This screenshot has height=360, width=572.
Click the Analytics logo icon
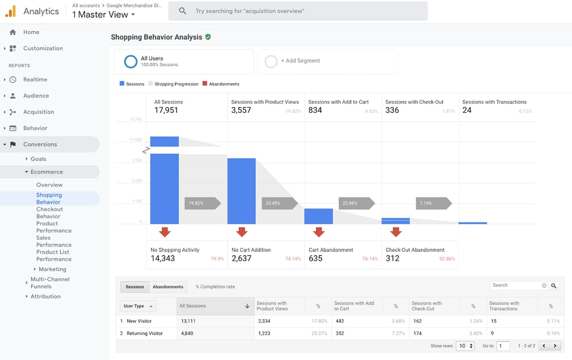click(x=11, y=11)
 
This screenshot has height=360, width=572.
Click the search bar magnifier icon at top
click(x=182, y=11)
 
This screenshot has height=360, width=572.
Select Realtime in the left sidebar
click(x=35, y=80)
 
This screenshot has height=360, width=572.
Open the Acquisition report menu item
click(x=38, y=112)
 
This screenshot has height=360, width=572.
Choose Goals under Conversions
click(x=38, y=159)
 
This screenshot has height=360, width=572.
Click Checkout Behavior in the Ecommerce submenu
click(x=49, y=213)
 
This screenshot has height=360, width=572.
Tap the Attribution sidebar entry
click(x=45, y=296)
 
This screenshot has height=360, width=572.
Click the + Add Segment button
click(x=300, y=61)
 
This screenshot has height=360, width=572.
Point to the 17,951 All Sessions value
click(x=166, y=110)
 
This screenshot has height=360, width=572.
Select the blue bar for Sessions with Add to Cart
click(x=318, y=216)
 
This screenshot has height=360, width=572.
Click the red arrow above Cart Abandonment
click(x=318, y=232)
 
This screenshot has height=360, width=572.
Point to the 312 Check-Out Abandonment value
click(x=392, y=258)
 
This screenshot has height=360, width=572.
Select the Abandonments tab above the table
click(x=168, y=287)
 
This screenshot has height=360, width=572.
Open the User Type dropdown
click(x=138, y=306)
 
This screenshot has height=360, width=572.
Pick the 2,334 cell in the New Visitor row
click(x=264, y=321)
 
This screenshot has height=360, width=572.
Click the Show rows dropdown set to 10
click(x=465, y=346)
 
